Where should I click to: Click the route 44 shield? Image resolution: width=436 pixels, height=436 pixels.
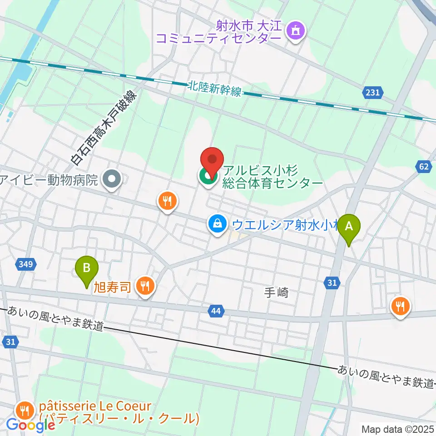coord(216,311)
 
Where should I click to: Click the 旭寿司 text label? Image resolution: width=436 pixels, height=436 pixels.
coord(113,287)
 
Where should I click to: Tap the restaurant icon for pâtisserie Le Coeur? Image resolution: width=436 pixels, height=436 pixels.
coord(24,411)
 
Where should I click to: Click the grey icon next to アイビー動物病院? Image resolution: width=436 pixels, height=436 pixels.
coord(112,180)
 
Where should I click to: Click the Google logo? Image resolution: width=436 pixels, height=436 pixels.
coord(30,425)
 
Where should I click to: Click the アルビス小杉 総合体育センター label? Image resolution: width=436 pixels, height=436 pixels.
coord(272,177)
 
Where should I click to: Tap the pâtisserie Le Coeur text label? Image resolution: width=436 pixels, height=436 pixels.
coord(119,411)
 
